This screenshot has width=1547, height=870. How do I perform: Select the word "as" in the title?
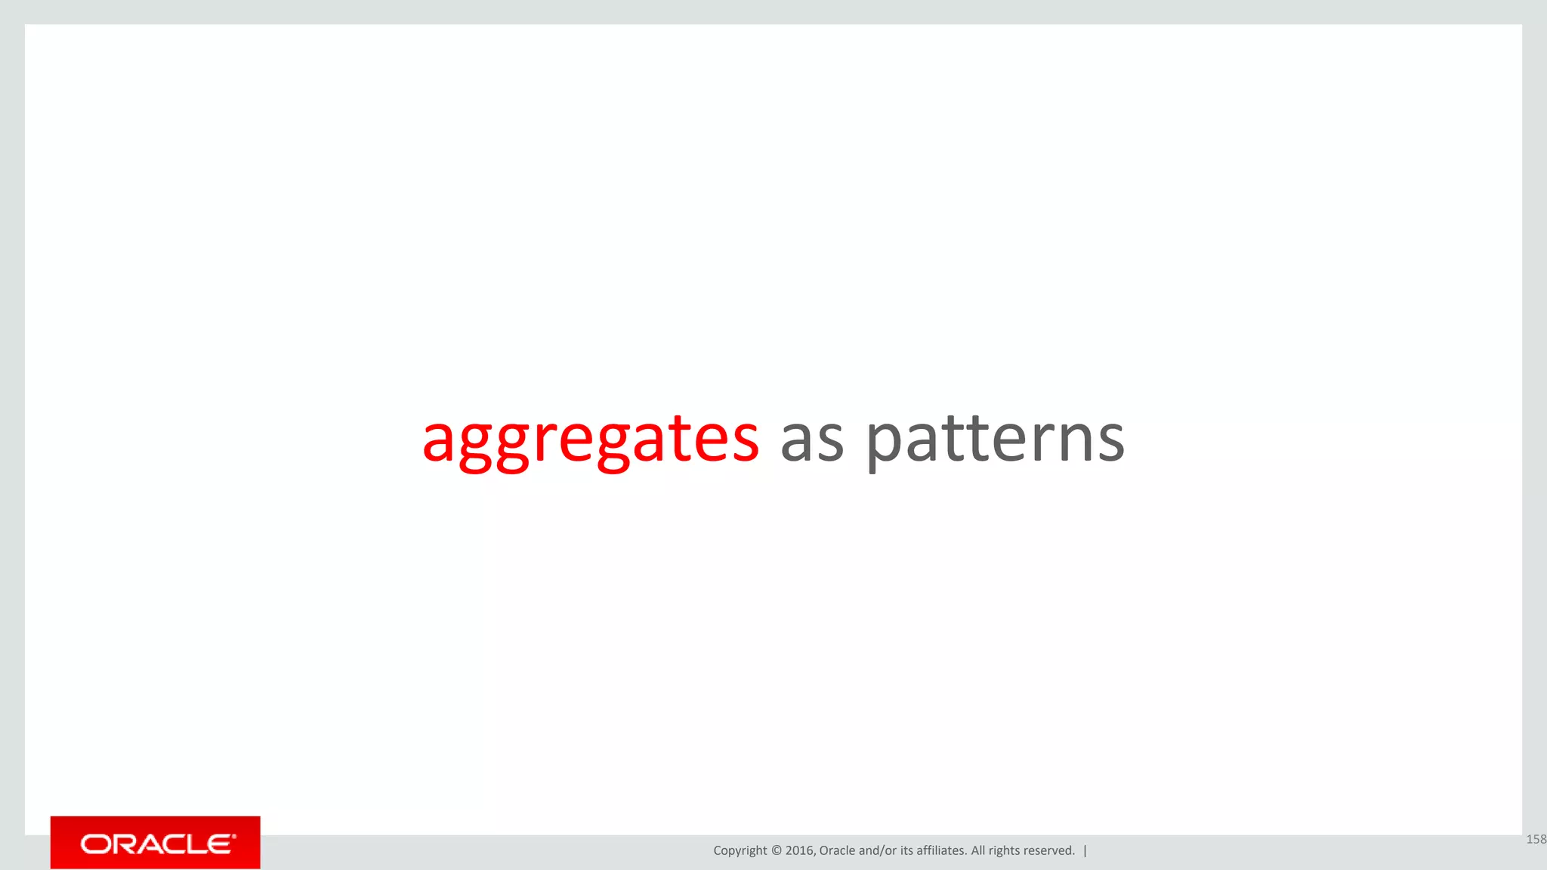click(x=811, y=441)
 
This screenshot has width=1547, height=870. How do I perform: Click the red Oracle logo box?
click(x=155, y=842)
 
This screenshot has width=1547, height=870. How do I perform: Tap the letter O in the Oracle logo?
click(x=96, y=844)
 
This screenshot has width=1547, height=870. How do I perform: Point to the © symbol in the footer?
click(x=777, y=850)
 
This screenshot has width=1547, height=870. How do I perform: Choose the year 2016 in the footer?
click(x=799, y=850)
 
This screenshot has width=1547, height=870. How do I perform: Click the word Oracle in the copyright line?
click(x=837, y=850)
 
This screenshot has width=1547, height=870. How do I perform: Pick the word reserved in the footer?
click(x=1048, y=850)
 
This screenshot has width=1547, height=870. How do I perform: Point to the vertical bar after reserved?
click(x=1085, y=850)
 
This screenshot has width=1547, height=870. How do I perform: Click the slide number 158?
click(x=1536, y=839)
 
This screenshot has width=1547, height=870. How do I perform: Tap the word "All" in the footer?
click(x=977, y=850)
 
